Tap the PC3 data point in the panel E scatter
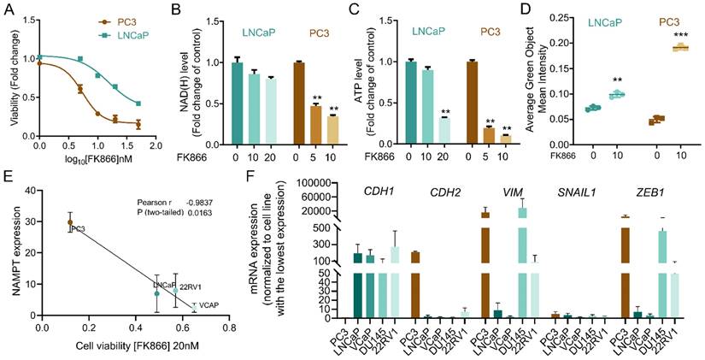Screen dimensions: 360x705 coord(70,222)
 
